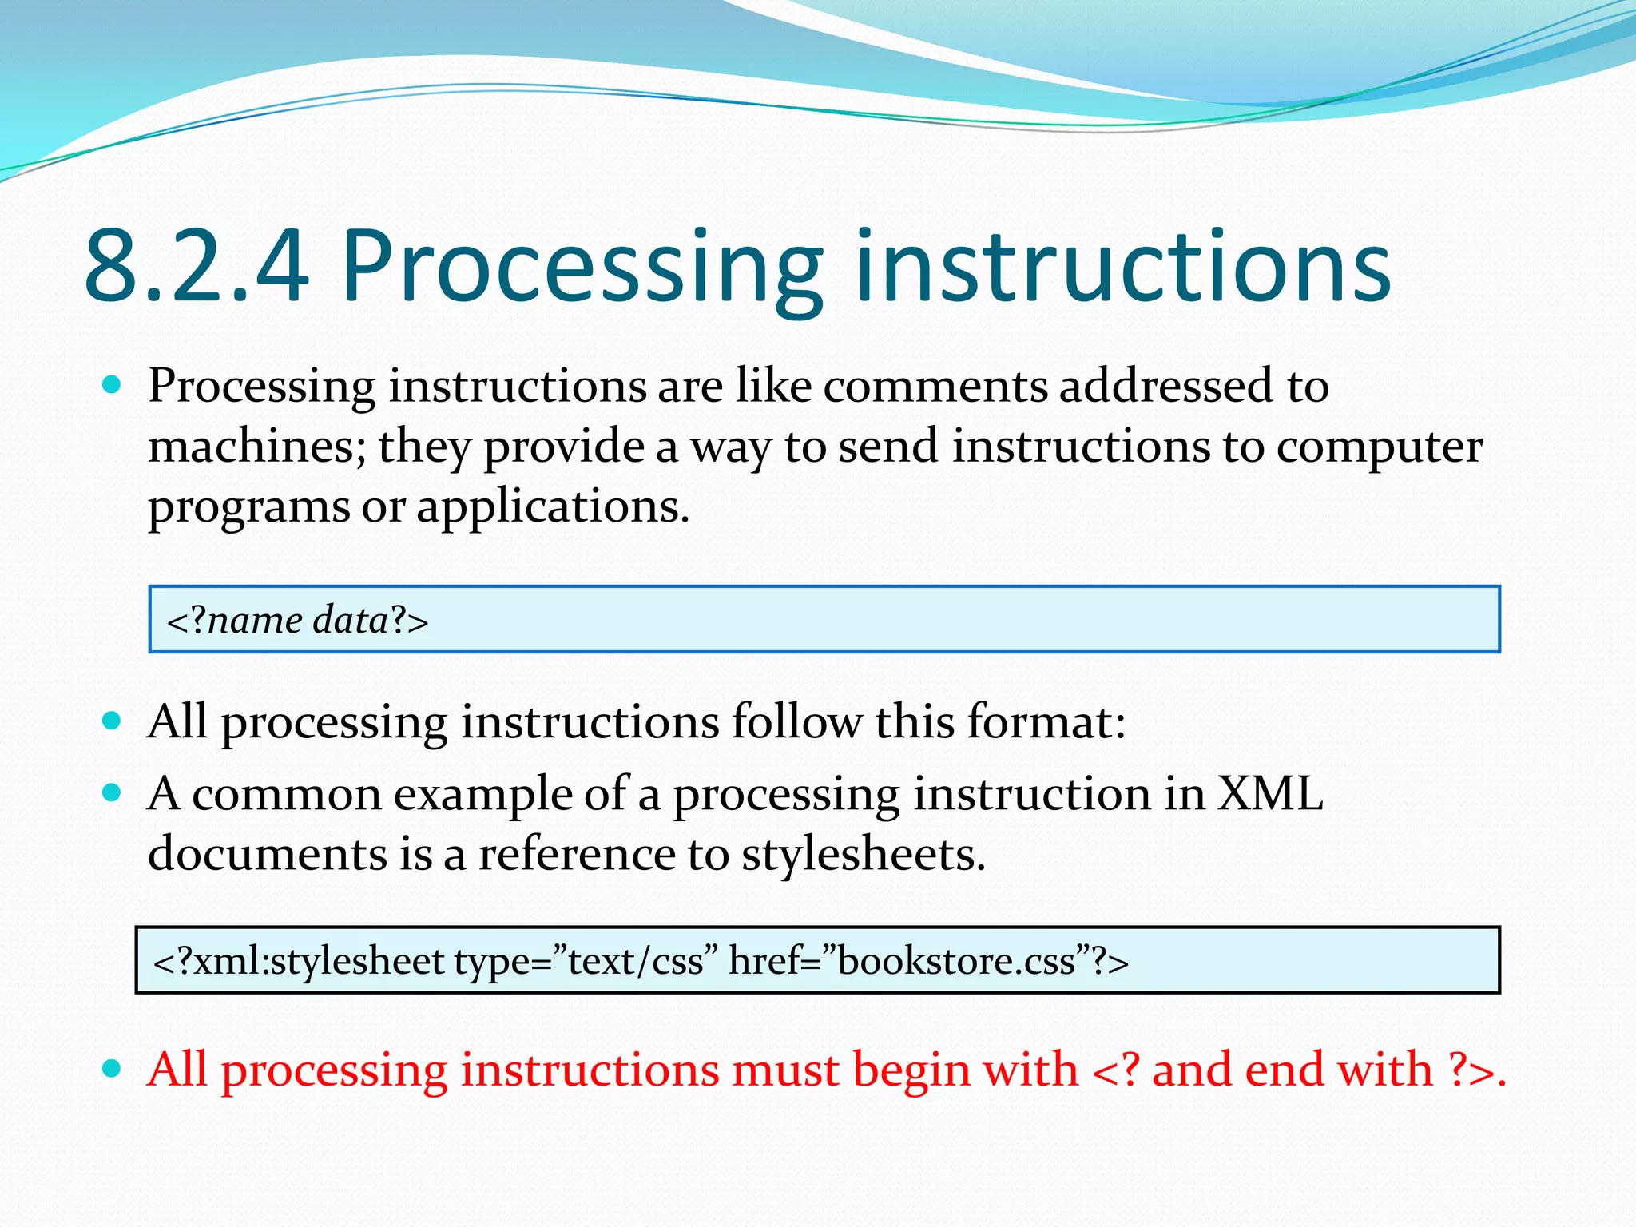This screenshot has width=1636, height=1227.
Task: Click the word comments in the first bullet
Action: [935, 387]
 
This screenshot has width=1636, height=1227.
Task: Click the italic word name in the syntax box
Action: [254, 621]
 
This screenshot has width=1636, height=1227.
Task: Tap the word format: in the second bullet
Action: [1046, 722]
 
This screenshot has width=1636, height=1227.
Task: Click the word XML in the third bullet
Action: [1269, 795]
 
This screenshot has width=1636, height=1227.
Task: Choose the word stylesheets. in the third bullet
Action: [863, 855]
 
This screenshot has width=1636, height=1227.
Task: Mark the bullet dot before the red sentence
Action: [112, 1069]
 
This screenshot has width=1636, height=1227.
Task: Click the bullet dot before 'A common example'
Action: [112, 793]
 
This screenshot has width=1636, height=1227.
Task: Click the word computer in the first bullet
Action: [1379, 447]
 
